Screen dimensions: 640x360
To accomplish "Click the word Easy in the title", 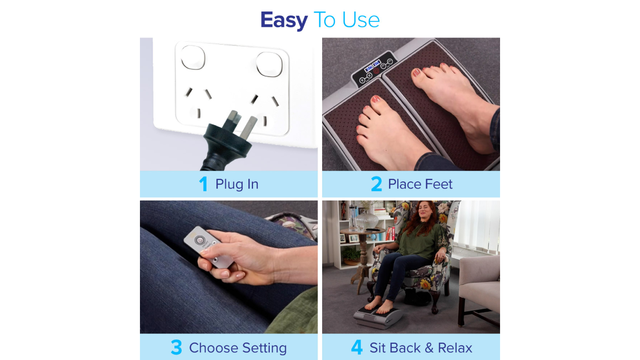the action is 284,20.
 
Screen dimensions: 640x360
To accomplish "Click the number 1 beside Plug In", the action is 203,184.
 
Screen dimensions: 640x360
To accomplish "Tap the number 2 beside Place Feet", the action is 376,184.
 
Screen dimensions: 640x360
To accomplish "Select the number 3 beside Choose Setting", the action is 176,347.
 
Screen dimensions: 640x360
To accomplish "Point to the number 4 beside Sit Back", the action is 357,347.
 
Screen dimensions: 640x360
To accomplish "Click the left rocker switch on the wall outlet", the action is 193,58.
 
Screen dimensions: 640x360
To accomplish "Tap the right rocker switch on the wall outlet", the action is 269,64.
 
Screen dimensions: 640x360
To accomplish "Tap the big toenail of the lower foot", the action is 375,99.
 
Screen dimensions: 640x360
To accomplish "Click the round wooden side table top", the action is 362,231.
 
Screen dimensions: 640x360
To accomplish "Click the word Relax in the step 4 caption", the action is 455,348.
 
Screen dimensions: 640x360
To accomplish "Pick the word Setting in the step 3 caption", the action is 265,348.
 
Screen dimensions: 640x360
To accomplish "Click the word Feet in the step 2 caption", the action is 439,184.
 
